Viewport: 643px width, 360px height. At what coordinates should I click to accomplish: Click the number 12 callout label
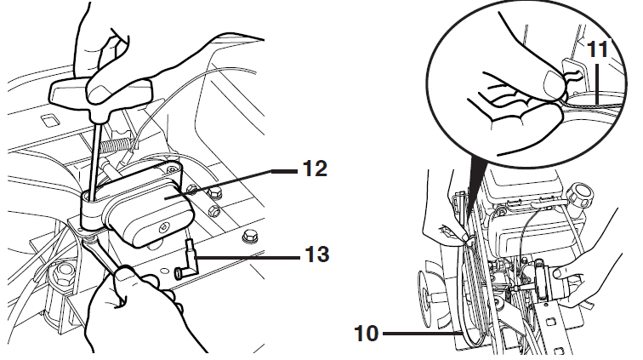coord(315,169)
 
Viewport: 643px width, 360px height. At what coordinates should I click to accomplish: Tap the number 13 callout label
coord(316,254)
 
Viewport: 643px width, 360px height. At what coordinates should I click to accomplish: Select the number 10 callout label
coord(367,334)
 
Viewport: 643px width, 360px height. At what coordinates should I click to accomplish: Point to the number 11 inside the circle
coord(598,49)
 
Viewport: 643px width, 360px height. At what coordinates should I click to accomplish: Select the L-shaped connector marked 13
coord(188,260)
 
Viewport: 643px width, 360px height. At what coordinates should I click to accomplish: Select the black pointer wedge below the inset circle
coord(472,185)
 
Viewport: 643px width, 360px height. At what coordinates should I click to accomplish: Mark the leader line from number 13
coord(249,258)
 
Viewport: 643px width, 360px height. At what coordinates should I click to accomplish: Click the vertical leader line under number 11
coord(598,83)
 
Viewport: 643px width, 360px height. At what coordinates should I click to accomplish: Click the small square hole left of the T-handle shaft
coord(49,121)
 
